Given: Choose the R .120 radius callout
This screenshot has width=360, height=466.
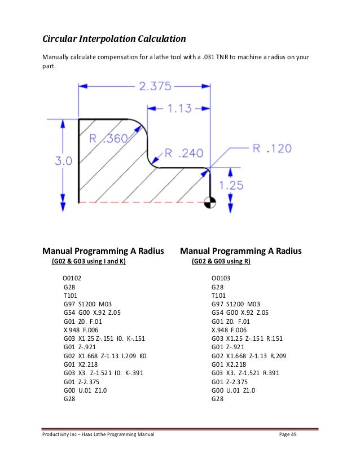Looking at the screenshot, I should (x=271, y=148).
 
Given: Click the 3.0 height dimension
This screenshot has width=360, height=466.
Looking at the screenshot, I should (x=63, y=160).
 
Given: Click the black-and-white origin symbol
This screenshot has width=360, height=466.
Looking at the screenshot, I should (x=210, y=201).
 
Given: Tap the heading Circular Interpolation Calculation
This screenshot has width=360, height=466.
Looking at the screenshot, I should (x=115, y=39).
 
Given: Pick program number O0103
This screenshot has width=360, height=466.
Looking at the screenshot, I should (x=221, y=278).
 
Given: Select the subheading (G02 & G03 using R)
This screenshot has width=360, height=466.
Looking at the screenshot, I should (x=221, y=262).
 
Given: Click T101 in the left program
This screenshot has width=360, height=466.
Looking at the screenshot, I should (x=70, y=295).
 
